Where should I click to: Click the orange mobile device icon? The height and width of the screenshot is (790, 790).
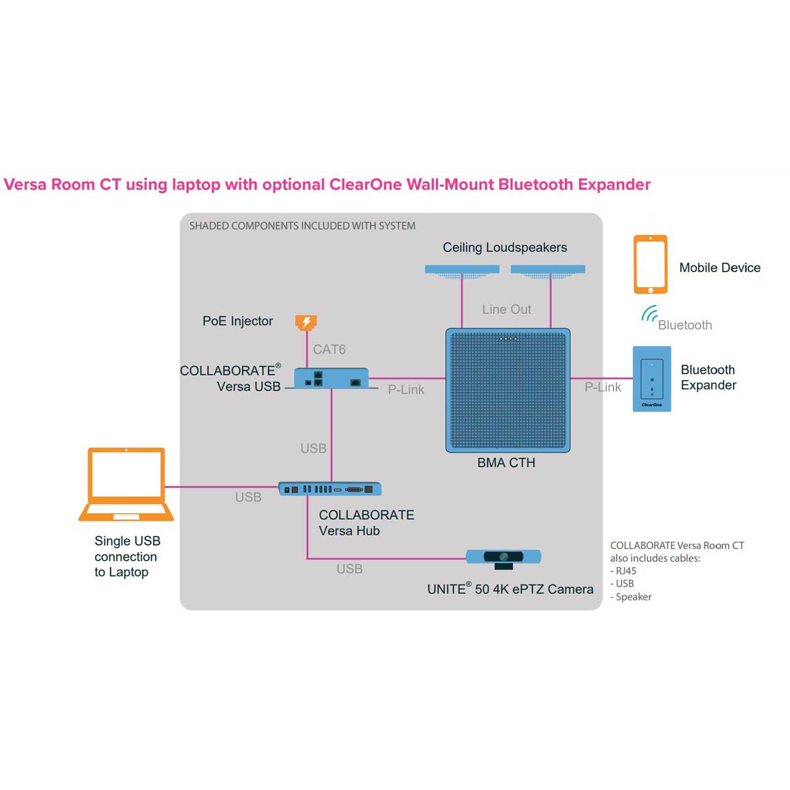click(651, 264)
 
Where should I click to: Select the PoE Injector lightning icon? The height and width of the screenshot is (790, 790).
click(306, 322)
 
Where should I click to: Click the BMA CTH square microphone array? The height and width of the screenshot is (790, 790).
click(507, 390)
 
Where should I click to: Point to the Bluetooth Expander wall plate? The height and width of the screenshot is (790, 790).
click(652, 379)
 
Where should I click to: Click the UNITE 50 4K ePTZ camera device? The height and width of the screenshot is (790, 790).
click(503, 557)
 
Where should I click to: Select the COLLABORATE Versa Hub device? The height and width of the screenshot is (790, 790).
click(330, 489)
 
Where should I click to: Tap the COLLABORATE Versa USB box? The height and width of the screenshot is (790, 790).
click(331, 378)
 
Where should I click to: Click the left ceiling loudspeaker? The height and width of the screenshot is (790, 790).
click(462, 270)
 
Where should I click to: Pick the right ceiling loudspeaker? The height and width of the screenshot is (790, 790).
click(548, 270)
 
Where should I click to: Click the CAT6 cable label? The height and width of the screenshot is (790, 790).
click(329, 349)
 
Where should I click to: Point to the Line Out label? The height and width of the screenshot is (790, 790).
click(507, 309)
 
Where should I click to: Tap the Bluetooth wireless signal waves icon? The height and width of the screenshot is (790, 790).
click(649, 315)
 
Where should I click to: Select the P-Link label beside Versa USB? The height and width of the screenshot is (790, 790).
click(406, 389)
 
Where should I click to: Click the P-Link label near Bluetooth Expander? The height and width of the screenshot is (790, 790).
click(603, 387)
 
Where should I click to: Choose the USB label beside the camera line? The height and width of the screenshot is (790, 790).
click(349, 569)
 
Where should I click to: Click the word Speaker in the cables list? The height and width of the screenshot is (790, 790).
click(634, 597)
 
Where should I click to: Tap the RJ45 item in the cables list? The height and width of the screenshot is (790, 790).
click(626, 571)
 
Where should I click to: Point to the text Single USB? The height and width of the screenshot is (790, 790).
click(127, 541)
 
